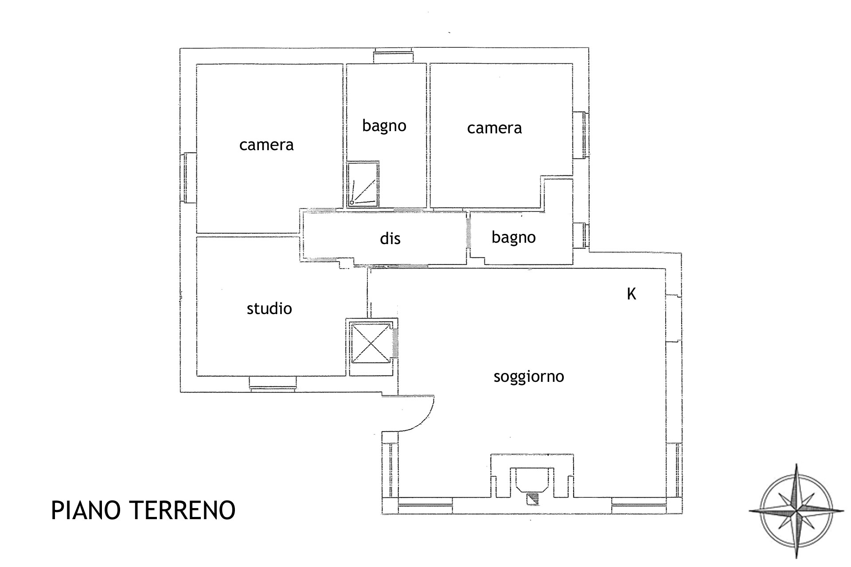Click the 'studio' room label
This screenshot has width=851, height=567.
pyautogui.click(x=269, y=308)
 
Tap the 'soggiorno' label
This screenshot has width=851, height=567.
pyautogui.click(x=529, y=377)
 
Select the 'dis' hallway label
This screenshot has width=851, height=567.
pyautogui.click(x=390, y=238)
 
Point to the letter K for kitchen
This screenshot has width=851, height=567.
pyautogui.click(x=631, y=294)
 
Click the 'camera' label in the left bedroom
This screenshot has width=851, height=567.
pyautogui.click(x=266, y=145)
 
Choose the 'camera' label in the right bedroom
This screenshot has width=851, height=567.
pyautogui.click(x=494, y=128)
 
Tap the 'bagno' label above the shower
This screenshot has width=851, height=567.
pyautogui.click(x=384, y=126)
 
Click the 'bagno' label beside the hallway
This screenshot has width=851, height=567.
pyautogui.click(x=514, y=238)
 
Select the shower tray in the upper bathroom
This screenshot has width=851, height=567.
pyautogui.click(x=363, y=184)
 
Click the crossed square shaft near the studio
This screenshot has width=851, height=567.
pyautogui.click(x=370, y=343)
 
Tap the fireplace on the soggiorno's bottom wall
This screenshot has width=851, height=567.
pyautogui.click(x=532, y=483)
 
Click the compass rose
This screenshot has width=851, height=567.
pyautogui.click(x=796, y=511)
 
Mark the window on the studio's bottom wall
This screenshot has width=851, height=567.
pyautogui.click(x=272, y=384)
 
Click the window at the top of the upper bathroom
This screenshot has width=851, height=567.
pyautogui.click(x=393, y=56)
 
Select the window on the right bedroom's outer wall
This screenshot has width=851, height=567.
pyautogui.click(x=581, y=135)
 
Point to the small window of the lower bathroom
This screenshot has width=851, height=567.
pyautogui.click(x=581, y=235)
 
